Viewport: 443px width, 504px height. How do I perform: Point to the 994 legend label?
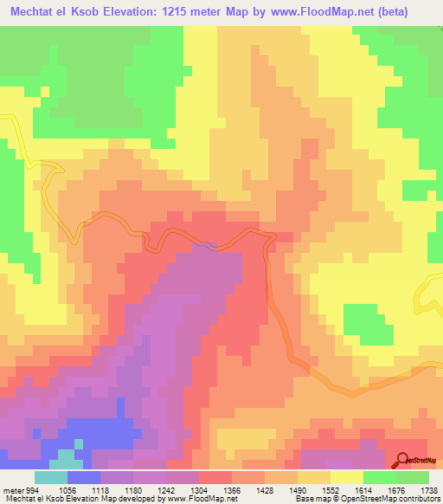point(33,489)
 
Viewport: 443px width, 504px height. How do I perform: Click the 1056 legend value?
point(67,489)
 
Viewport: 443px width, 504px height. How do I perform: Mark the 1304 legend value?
point(198,489)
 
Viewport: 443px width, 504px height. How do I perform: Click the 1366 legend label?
point(231,489)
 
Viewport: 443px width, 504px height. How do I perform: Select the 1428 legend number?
point(264,489)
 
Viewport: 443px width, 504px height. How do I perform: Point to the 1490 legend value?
point(297,489)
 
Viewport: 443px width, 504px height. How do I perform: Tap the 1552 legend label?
point(330,489)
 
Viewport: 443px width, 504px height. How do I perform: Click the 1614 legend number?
point(363,489)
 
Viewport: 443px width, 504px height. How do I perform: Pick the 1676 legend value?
point(395,489)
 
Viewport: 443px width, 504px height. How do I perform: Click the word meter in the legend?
point(11,489)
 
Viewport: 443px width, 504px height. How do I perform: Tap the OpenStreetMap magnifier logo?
point(401,461)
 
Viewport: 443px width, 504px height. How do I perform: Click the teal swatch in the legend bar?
point(51,477)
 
